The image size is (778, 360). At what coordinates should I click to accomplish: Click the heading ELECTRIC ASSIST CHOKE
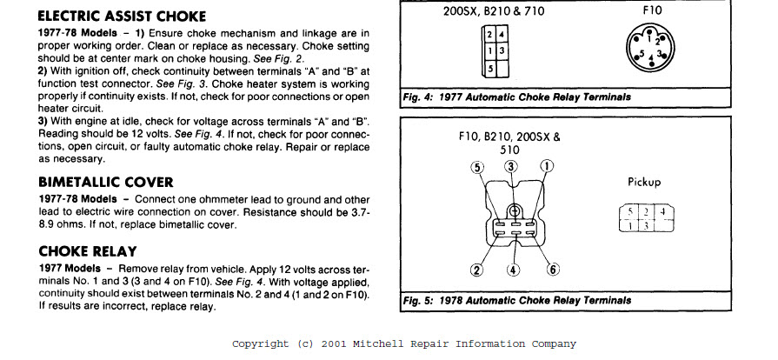(123, 17)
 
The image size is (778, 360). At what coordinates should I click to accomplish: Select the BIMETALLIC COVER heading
(105, 182)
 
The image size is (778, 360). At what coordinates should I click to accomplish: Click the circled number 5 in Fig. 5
(476, 167)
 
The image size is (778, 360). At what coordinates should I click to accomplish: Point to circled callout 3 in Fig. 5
(511, 166)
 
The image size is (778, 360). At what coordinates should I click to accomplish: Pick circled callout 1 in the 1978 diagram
(546, 166)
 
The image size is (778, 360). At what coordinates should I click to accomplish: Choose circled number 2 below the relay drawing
(476, 270)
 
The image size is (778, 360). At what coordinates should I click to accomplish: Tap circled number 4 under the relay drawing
(513, 270)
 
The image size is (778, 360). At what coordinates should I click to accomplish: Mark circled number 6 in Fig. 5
(553, 270)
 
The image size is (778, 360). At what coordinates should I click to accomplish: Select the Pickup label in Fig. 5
(644, 183)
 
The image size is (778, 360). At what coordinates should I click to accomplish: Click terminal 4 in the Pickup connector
(662, 211)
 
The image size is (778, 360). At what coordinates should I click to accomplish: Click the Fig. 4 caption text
(516, 97)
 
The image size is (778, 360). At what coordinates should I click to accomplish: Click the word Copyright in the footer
(260, 343)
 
